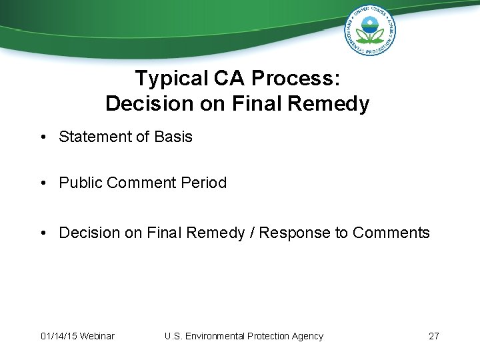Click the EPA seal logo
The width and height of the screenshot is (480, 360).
[x=370, y=30]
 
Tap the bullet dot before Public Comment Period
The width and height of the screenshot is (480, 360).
[x=43, y=183]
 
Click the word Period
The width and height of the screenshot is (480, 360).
[x=204, y=183]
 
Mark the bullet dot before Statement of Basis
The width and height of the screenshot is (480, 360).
[x=43, y=137]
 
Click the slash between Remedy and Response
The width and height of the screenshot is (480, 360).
[x=252, y=233]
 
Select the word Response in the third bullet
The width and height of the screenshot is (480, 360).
[x=291, y=233]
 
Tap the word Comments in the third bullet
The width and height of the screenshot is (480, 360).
[x=391, y=233]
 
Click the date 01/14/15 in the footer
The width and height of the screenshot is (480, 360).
[x=57, y=336]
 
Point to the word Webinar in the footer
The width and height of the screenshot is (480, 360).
[x=97, y=336]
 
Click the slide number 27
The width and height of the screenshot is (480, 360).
[x=433, y=336]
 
